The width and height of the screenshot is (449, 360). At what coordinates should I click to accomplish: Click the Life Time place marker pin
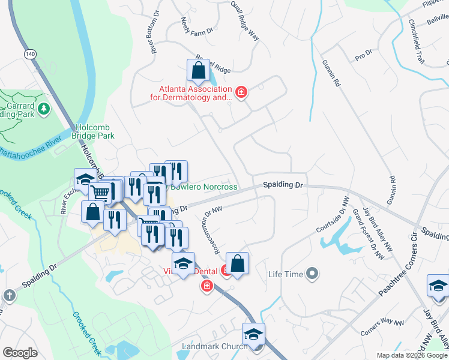point(312,275)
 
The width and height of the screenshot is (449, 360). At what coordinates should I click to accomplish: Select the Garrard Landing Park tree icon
point(43,108)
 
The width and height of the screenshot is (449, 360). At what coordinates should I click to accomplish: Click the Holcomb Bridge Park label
point(95,132)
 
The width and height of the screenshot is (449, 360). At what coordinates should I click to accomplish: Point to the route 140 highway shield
point(29,54)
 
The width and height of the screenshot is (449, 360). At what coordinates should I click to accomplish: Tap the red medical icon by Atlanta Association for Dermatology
point(241,92)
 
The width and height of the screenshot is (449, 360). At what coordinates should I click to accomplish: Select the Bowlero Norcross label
point(204,187)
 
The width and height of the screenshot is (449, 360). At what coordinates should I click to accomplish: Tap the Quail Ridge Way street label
point(245,20)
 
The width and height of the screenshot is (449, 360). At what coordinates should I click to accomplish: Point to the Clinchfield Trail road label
point(416,41)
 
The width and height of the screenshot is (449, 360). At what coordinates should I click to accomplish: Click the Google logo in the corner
point(20,353)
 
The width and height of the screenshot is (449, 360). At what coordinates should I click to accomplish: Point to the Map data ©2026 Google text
point(411,355)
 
